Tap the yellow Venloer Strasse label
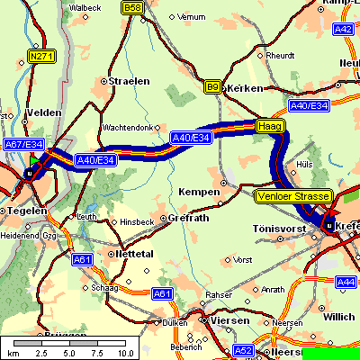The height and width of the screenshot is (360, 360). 293,195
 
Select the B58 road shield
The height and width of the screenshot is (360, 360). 132,7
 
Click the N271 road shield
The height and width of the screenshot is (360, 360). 40,56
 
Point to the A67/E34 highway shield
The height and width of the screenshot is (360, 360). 23,144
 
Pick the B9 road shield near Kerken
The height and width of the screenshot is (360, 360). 212,87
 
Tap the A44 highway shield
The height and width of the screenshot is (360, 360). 346,282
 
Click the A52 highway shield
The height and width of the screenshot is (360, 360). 244,350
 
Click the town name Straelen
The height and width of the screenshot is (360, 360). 126,81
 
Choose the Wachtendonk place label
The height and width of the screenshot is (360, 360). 130,127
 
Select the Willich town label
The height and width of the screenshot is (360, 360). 340,317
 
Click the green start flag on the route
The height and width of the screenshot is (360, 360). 34,160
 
